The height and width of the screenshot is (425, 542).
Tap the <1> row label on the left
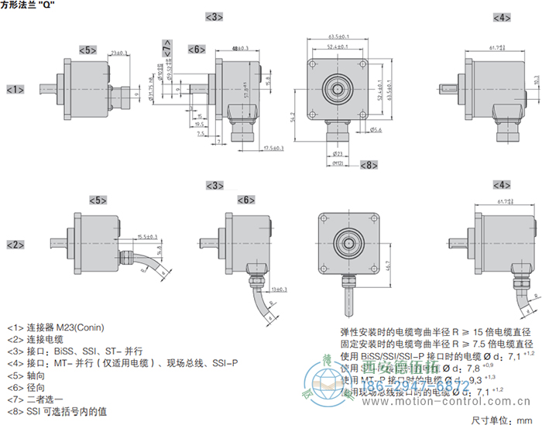(15, 90)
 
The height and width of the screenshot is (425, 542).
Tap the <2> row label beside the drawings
(15, 245)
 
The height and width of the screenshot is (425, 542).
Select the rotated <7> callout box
(168, 49)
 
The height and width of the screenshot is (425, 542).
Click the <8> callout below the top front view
(369, 164)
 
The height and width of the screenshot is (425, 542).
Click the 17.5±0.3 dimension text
(272, 148)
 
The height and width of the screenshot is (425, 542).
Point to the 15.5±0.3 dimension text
(147, 236)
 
